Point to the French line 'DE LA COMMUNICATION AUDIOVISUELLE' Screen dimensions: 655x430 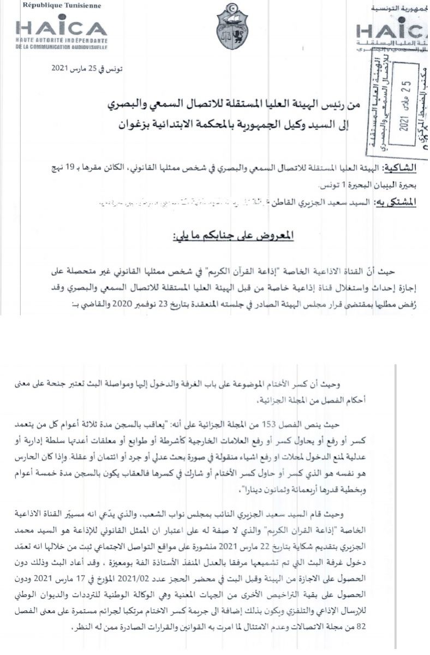coord(62,47)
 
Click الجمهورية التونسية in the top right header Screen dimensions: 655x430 coord(400,9)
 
